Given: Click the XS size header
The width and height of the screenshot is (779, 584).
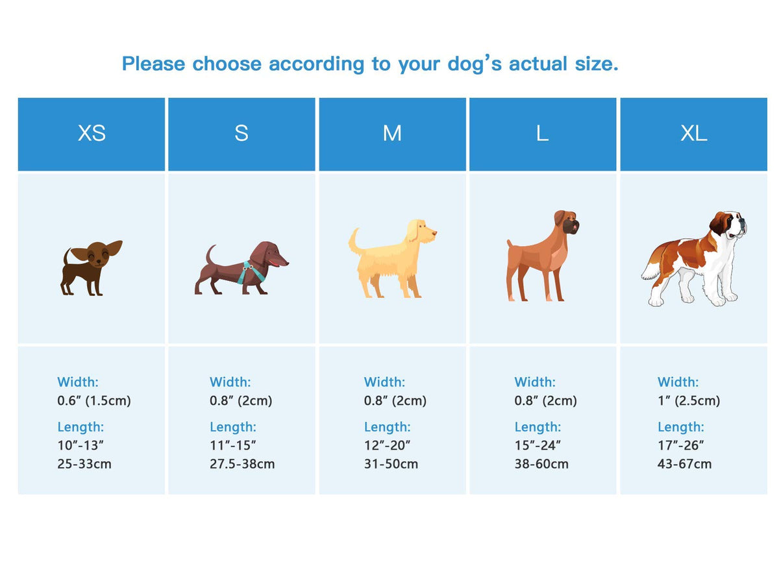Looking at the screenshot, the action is coord(92,133).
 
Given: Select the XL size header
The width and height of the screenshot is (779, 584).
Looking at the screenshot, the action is coord(694,133).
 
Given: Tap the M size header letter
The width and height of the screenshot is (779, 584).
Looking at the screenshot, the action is coord(392,133).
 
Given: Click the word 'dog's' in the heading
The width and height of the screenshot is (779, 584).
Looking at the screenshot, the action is coord(475,64).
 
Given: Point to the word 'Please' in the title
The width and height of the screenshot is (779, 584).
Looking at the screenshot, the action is coord(153,64).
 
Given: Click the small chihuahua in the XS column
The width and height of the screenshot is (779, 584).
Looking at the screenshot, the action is coord(92,268).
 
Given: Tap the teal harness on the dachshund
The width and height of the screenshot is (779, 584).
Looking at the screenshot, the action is coord(252,273).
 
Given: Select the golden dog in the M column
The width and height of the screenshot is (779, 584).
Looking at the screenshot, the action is coord(392,258).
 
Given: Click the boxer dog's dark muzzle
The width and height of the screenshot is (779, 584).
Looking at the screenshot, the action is coord(572,226).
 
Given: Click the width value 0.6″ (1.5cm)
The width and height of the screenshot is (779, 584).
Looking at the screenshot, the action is coord(94,400).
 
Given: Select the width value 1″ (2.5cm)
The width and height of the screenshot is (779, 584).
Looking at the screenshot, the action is coord(689,400).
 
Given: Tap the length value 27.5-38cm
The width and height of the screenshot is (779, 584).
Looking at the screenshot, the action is coord(242,464).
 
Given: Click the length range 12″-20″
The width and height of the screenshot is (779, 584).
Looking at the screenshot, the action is coord(387,445).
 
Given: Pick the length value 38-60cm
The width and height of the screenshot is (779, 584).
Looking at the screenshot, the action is coord(541,464).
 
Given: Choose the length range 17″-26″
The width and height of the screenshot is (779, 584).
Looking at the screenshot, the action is coord(681,445).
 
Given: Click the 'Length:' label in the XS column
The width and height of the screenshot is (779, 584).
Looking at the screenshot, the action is coord(80,427).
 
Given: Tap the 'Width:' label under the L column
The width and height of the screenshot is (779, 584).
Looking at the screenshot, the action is coord(535,382).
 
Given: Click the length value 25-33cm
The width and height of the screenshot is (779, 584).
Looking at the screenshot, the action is coord(84,464).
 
